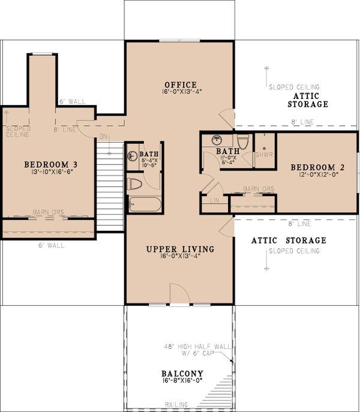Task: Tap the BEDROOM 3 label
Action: pyautogui.click(x=50, y=164)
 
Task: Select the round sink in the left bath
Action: pyautogui.click(x=133, y=156)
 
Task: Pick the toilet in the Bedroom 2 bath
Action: pyautogui.click(x=243, y=142)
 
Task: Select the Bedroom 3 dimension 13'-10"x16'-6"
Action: pyautogui.click(x=50, y=173)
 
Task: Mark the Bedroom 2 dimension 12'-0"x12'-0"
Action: pyautogui.click(x=316, y=175)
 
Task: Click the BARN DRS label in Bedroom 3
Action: pyautogui.click(x=50, y=212)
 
